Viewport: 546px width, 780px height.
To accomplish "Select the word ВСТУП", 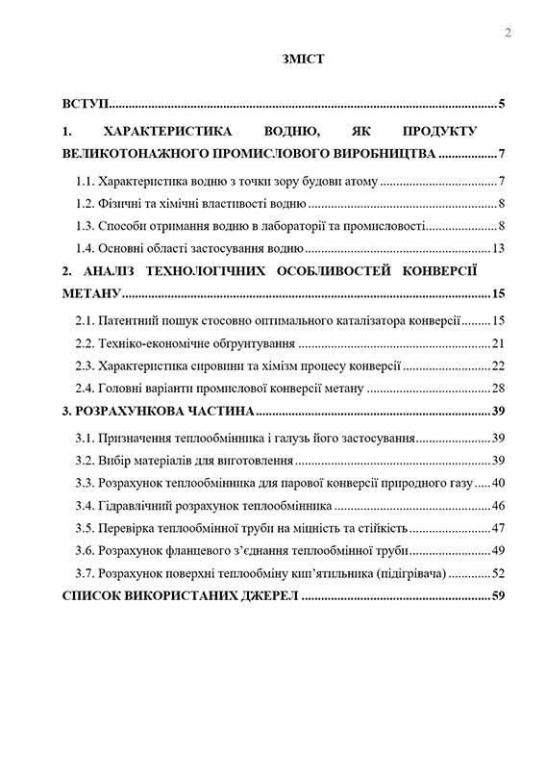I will coord(84,104).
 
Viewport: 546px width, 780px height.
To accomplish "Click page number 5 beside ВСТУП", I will coord(502,104).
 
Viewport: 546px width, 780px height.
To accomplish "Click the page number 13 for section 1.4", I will coord(498,249).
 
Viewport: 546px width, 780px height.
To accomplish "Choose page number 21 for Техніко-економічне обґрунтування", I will coord(498,343).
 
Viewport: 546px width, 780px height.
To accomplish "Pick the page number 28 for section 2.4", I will coord(498,389).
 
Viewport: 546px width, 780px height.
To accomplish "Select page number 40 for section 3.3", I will coord(498,483).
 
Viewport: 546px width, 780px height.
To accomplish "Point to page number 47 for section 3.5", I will coord(498,528).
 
